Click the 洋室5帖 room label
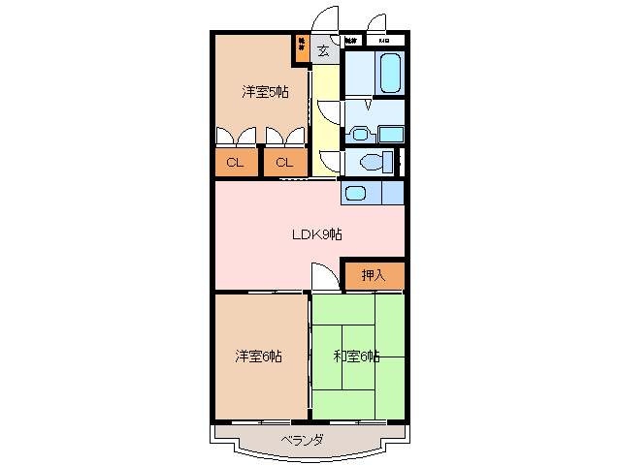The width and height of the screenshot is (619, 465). pyautogui.click(x=265, y=92)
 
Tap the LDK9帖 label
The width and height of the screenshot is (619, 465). pyautogui.click(x=316, y=233)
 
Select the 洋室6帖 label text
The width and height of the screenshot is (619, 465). pyautogui.click(x=258, y=356)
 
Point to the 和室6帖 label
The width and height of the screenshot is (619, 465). pyautogui.click(x=356, y=356)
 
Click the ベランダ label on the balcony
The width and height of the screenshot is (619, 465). pyautogui.click(x=302, y=441)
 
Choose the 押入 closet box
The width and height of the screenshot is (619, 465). pyautogui.click(x=374, y=275)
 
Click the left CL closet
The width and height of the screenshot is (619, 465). pyautogui.click(x=235, y=162)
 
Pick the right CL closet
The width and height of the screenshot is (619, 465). pyautogui.click(x=283, y=162)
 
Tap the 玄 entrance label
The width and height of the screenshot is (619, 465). pyautogui.click(x=323, y=50)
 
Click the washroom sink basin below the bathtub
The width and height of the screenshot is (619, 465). pyautogui.click(x=360, y=134)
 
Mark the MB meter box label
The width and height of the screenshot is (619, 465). pyautogui.click(x=384, y=41)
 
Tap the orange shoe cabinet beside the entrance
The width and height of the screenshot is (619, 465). pyautogui.click(x=302, y=48)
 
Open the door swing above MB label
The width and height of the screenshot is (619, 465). pyautogui.click(x=378, y=23)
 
